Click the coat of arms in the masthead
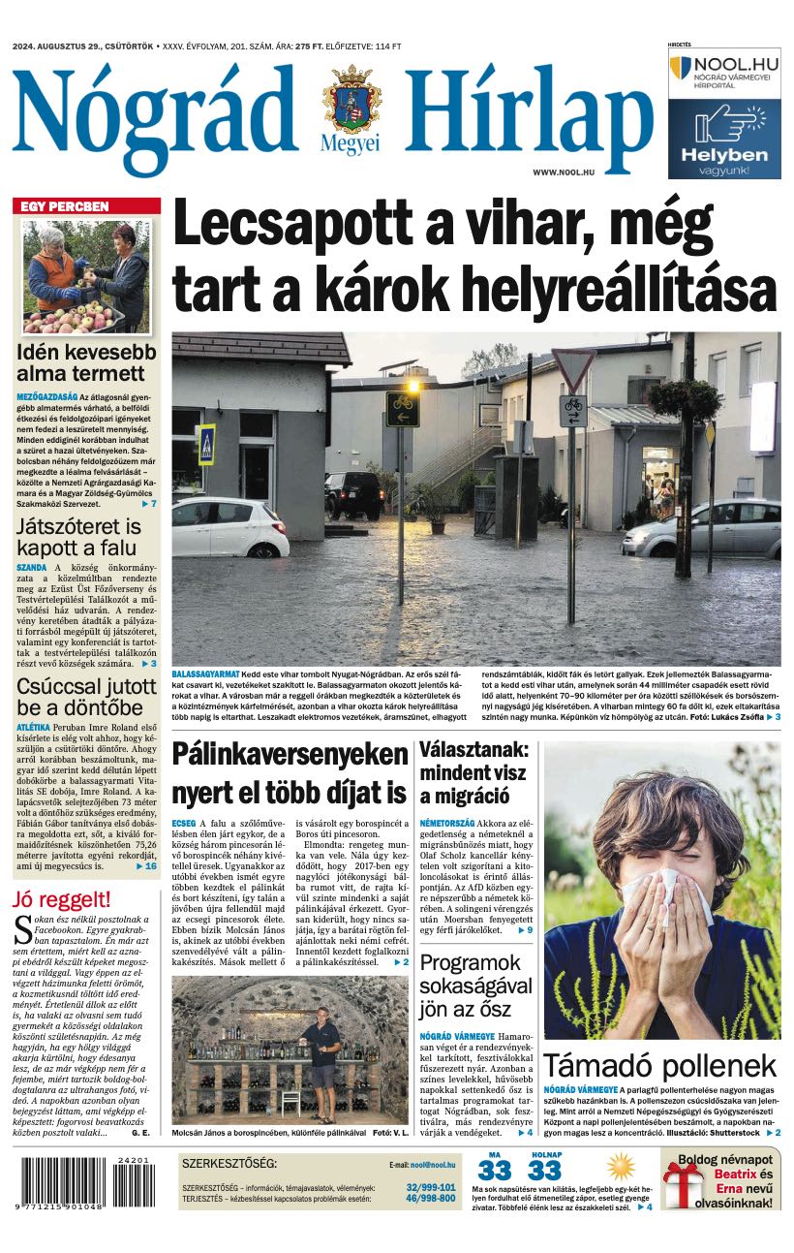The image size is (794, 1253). [351, 100]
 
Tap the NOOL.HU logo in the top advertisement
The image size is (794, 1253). [724, 71]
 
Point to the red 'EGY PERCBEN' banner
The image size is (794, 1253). [86, 206]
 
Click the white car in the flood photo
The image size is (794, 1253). [229, 526]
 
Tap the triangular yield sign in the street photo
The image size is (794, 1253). [572, 369]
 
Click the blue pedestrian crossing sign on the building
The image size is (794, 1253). [207, 445]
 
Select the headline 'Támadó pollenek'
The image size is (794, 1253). [659, 1066]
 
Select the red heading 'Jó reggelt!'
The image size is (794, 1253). [61, 898]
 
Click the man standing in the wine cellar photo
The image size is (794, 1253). [325, 1051]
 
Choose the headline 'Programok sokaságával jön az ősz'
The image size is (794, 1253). [475, 987]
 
